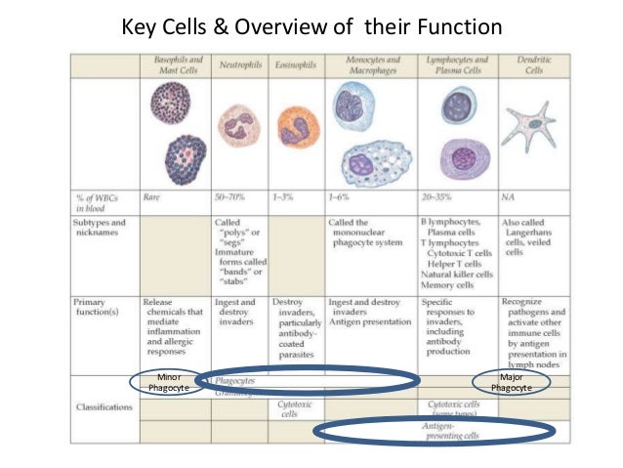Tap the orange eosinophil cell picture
click(x=296, y=126)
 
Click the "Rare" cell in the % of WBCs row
click(x=153, y=196)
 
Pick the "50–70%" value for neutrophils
click(x=231, y=196)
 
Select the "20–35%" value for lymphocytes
click(x=444, y=196)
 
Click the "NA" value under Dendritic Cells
click(x=509, y=196)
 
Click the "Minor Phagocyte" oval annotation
click(x=168, y=382)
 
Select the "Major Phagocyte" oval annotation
click(x=511, y=382)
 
